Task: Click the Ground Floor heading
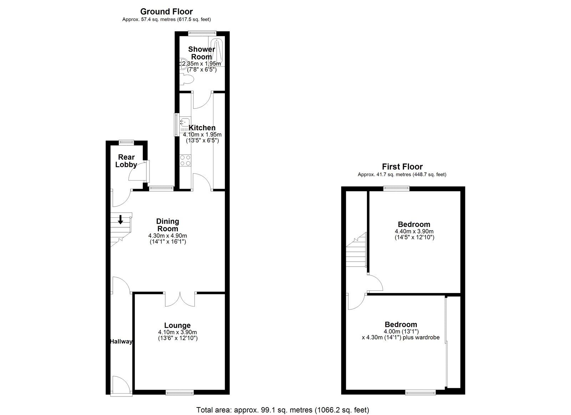(166, 11)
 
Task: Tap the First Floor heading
(402, 167)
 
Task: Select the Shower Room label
(202, 53)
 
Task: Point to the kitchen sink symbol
(185, 122)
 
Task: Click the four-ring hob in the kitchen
(185, 160)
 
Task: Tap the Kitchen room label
(202, 128)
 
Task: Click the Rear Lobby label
(126, 161)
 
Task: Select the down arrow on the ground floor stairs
(120, 219)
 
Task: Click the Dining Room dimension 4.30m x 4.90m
(167, 236)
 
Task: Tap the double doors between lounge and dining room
(180, 299)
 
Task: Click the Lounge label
(177, 325)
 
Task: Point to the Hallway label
(121, 341)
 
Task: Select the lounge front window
(180, 393)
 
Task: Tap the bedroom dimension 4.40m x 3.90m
(414, 231)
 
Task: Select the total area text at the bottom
(283, 410)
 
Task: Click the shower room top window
(202, 32)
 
